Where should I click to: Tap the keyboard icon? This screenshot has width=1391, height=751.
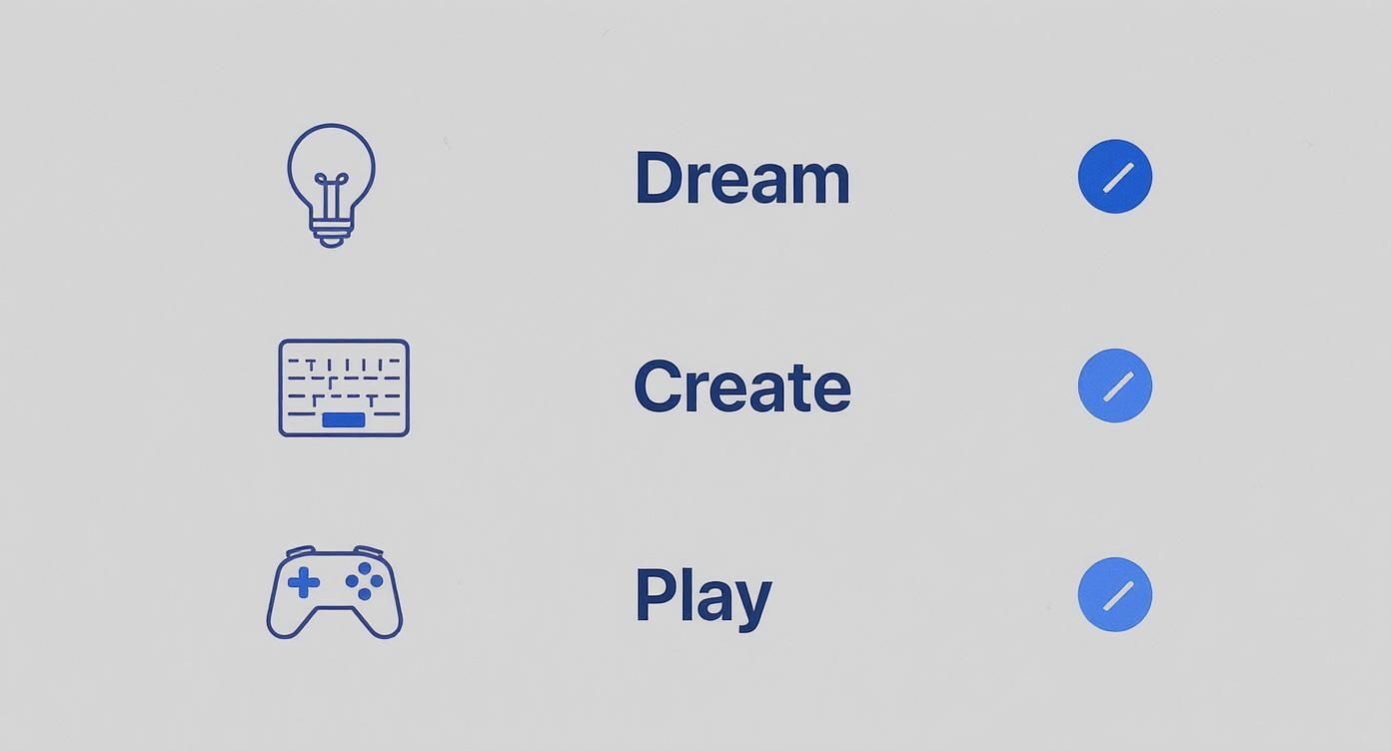(344, 387)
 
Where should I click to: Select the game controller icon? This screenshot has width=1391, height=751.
(335, 591)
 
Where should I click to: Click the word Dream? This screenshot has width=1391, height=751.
(741, 179)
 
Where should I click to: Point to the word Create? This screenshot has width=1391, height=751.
(741, 387)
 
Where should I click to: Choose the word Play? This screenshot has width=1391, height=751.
(702, 596)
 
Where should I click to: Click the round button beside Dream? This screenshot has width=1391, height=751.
(1115, 177)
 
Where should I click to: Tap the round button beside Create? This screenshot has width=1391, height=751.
(1115, 385)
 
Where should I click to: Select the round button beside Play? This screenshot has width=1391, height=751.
(1115, 594)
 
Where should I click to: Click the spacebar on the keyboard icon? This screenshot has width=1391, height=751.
(344, 420)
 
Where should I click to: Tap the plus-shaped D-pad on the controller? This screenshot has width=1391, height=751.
(304, 582)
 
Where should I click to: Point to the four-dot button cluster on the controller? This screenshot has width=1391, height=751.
(365, 581)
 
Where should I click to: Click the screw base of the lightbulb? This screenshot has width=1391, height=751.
(331, 235)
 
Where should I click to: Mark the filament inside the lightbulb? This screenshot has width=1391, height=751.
(331, 192)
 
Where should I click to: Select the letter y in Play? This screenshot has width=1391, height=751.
(752, 602)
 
